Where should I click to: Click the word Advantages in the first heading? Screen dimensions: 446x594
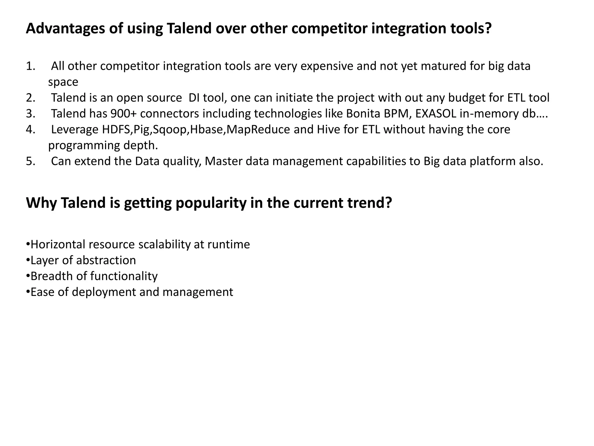pyautogui.click(x=65, y=29)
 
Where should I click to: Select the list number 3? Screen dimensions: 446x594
pyautogui.click(x=30, y=114)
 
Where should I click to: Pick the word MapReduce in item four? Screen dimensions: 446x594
pyautogui.click(x=258, y=130)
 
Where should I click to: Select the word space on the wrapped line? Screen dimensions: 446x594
pyautogui.click(x=63, y=82)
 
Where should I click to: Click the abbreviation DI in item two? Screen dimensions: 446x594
pyautogui.click(x=194, y=98)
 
